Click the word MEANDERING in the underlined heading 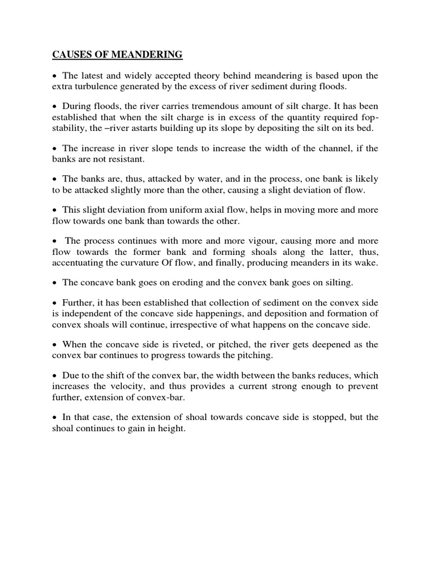pyautogui.click(x=146, y=55)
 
